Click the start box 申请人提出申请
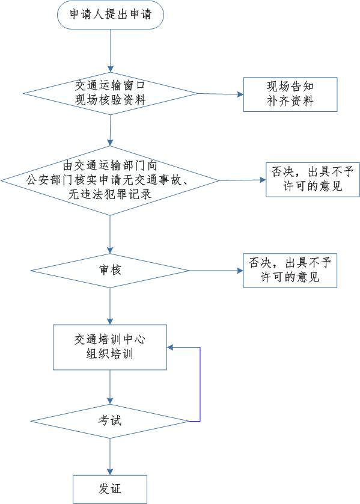pos(111,15)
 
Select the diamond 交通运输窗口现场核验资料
pos(111,93)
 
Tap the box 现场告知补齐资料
pos(290,94)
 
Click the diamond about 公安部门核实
pos(110,180)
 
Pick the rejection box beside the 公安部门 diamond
pos(313,180)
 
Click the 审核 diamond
pos(110,271)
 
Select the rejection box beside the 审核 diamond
pos(290,270)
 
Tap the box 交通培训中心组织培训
pos(110,347)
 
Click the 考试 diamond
pos(110,421)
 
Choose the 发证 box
pos(110,489)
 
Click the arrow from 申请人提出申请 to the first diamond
pos(111,51)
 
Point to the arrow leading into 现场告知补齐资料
pos(221,94)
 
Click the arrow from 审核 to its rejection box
pos(216,271)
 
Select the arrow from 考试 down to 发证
pos(110,456)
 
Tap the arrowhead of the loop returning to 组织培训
pos(170,348)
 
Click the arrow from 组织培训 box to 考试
pos(110,387)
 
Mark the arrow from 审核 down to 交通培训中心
pos(110,306)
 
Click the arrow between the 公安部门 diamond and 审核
pos(110,235)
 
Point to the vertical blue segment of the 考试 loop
pos(200,384)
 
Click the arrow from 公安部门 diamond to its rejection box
pos(243,180)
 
